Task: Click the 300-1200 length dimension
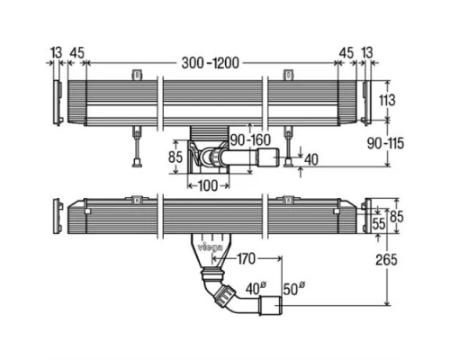211,63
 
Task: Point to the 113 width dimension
387,100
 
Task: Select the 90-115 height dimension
385,144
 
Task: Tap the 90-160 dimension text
250,139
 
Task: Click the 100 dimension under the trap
208,186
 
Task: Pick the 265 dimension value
386,260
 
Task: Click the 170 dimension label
246,259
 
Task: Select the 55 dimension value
378,223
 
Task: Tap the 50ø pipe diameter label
294,289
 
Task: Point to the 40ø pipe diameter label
256,289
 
